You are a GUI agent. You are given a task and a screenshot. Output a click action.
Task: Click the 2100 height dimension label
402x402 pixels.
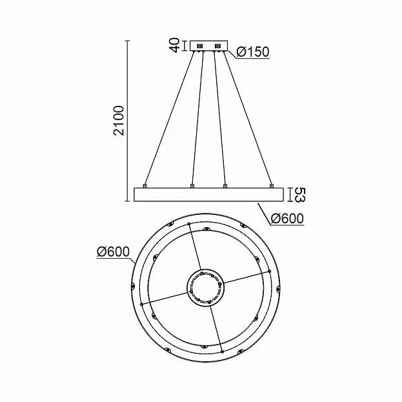pos(119,120)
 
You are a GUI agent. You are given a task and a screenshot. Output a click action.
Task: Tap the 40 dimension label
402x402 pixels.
pos(175,45)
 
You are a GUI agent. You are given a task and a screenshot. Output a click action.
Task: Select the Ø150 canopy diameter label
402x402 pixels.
pos(253,52)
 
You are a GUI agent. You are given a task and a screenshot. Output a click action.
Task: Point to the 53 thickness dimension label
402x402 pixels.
pos(299,195)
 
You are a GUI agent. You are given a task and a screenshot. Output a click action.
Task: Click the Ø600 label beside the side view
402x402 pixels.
pos(287,219)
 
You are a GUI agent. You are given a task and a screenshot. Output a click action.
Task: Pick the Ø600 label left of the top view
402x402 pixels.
pos(113,252)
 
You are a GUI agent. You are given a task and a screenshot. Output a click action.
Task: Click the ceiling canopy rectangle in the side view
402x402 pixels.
pos(208,46)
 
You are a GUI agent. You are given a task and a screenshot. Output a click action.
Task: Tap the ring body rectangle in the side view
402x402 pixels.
pos(208,195)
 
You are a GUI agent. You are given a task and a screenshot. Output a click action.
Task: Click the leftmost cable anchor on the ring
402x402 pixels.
pos(145,186)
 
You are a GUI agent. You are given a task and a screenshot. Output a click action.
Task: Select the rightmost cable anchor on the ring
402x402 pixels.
pos(272,186)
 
